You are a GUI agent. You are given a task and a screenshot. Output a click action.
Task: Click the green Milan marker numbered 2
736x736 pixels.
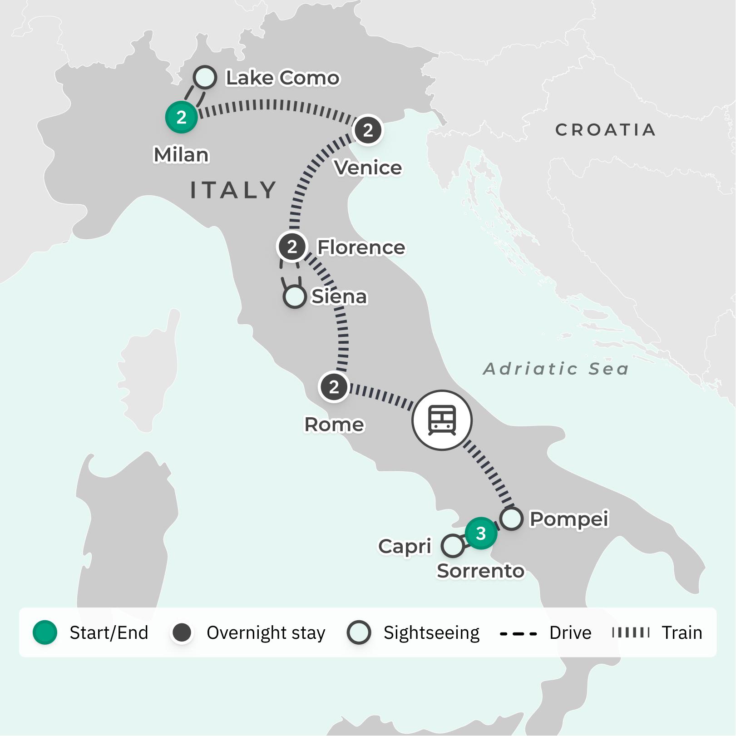182,117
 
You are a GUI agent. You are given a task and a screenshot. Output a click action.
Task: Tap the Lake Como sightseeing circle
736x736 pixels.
204,77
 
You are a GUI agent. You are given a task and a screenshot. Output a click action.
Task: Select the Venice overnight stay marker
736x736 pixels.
368,130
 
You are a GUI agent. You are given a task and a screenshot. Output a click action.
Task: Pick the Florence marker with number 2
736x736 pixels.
292,247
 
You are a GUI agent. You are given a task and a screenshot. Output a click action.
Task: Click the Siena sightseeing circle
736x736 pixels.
294,297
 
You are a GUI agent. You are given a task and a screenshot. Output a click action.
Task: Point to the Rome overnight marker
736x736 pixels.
334,387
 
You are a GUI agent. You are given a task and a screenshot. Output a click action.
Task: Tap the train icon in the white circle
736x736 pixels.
442,420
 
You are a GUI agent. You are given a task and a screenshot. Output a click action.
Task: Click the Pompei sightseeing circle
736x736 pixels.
511,519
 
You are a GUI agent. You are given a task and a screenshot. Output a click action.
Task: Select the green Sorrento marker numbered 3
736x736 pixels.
481,533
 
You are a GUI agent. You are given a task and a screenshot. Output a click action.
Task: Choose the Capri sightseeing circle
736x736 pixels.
452,545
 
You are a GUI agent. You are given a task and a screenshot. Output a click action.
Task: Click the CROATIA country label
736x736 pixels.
605,130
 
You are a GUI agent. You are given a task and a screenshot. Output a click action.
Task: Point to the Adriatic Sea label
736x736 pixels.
556,369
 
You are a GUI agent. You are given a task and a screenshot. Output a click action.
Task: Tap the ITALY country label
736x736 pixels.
233,190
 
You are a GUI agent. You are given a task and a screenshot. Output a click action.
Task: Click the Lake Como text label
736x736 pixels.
282,78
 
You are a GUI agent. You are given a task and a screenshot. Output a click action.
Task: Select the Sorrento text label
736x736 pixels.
480,571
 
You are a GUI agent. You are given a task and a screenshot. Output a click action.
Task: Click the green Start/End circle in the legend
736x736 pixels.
45,632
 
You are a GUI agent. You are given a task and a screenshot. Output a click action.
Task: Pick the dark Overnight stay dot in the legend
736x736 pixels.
182,632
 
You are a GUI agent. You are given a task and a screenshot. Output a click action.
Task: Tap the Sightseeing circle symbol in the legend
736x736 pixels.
359,632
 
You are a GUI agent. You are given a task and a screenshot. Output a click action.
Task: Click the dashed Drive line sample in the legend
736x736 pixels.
518,633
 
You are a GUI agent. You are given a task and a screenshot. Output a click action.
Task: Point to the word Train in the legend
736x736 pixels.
682,632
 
